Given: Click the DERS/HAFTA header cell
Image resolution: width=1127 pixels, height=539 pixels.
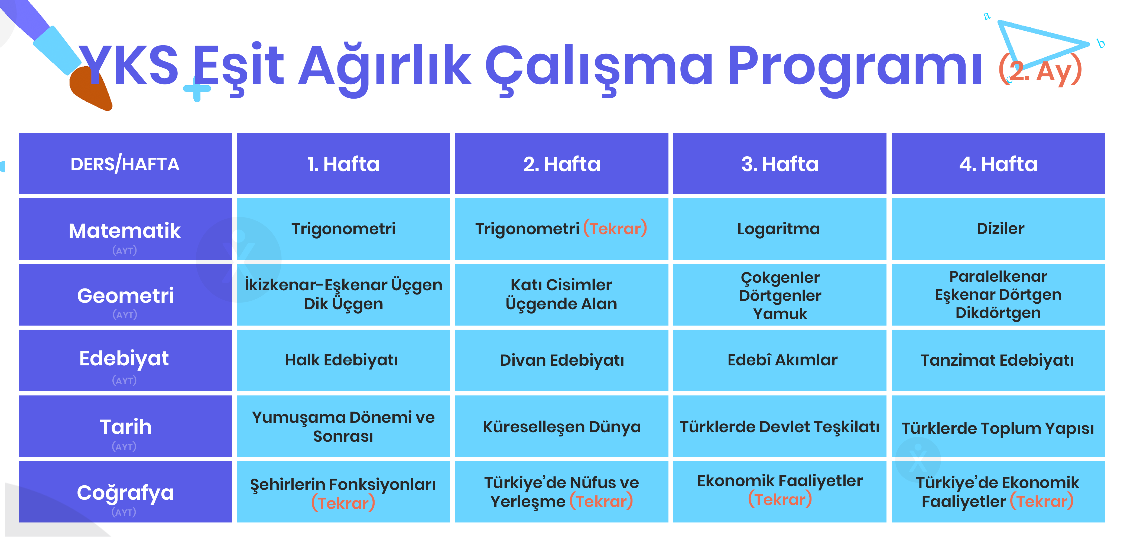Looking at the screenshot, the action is pyautogui.click(x=125, y=164).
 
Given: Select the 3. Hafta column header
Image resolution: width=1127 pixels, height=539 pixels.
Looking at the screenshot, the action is pyautogui.click(x=780, y=164).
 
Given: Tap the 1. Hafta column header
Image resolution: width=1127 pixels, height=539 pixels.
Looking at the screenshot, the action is pyautogui.click(x=343, y=164).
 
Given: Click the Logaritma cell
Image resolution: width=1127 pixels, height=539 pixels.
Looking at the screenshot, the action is pyautogui.click(x=780, y=229).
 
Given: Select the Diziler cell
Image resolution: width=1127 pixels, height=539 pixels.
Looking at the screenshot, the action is pyautogui.click(x=998, y=229).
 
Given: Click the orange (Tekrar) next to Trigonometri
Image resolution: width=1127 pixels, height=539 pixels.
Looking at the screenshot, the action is pyautogui.click(x=615, y=228).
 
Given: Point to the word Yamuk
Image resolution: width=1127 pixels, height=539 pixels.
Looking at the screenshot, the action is pyautogui.click(x=780, y=314).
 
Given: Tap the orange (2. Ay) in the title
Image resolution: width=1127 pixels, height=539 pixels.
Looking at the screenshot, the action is pyautogui.click(x=1040, y=70).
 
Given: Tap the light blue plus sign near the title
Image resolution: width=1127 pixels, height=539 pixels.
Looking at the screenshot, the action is pyautogui.click(x=197, y=89).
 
